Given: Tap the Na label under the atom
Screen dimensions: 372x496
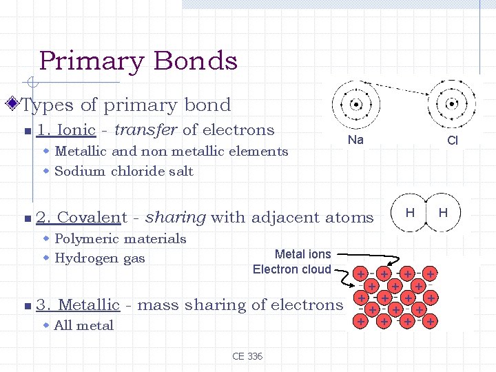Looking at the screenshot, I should click(x=355, y=140).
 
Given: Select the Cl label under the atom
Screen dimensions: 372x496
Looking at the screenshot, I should click(x=453, y=141).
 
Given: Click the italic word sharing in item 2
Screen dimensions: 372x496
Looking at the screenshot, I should click(x=176, y=218).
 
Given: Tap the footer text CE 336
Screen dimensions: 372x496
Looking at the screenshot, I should click(x=247, y=356).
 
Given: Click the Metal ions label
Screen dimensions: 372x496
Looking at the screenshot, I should click(x=302, y=254).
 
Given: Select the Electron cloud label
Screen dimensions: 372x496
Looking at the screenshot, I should click(x=291, y=269).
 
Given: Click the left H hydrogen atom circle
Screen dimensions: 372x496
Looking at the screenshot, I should click(x=409, y=213).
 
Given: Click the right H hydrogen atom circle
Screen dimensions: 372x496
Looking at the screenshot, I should click(x=444, y=213).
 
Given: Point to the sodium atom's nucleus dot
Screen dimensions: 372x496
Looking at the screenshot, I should click(x=356, y=105).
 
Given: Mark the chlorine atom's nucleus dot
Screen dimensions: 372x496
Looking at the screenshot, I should click(x=452, y=105).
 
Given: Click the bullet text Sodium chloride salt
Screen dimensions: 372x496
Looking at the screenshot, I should click(x=123, y=171).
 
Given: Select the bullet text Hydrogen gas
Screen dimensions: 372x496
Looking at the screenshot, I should click(x=99, y=258).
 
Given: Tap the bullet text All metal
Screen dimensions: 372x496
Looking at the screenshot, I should click(x=83, y=325).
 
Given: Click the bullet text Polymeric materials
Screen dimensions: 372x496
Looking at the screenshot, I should click(x=120, y=238).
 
